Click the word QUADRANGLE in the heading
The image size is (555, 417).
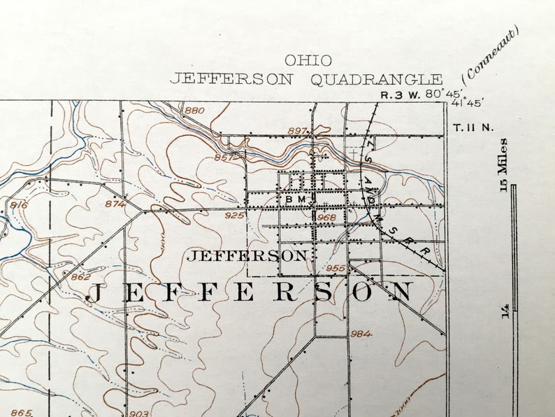[x=377, y=79]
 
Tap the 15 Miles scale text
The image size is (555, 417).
[x=503, y=160]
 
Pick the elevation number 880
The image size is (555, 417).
[x=194, y=111]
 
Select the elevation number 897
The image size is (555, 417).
[x=297, y=131]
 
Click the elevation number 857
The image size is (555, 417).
[x=224, y=157]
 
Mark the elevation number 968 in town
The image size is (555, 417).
[x=326, y=218]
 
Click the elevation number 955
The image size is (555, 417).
[x=336, y=268]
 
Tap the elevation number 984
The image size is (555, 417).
[x=361, y=334]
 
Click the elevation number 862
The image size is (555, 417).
[x=80, y=277]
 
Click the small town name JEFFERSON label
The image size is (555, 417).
[x=247, y=255]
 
